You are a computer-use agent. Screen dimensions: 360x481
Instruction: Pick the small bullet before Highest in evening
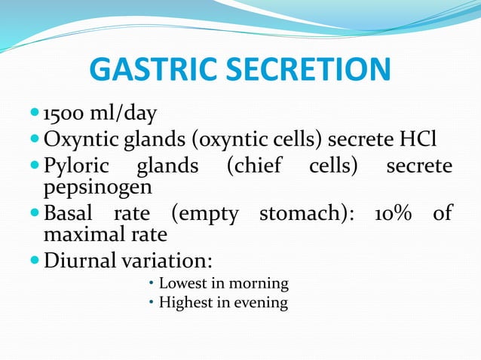click(151, 304)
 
